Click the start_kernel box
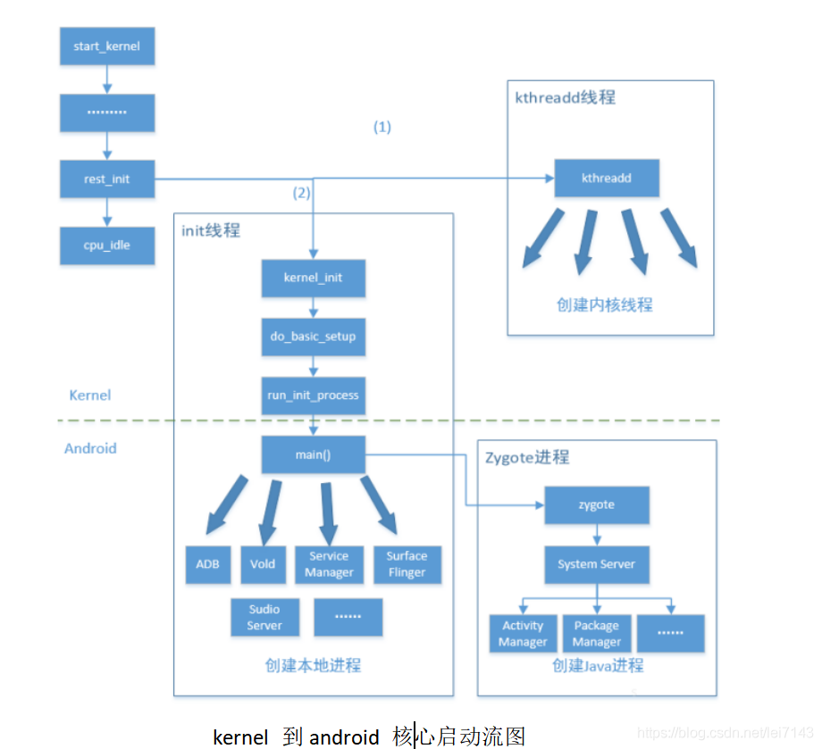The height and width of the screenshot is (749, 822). [x=107, y=46]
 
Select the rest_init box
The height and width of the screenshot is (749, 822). [x=107, y=179]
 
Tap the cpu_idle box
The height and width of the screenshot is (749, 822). [x=107, y=245]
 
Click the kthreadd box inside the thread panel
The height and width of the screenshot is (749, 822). [x=607, y=178]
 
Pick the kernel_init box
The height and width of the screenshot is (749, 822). [x=313, y=278]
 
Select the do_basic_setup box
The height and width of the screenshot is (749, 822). [x=313, y=337]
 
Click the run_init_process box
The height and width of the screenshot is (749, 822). [x=313, y=395]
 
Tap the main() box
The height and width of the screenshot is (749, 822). [x=313, y=454]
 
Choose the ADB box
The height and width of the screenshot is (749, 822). [x=207, y=564]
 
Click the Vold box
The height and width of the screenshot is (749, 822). [x=263, y=564]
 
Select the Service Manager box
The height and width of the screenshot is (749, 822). [x=329, y=564]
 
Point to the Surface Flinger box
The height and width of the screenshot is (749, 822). [x=407, y=564]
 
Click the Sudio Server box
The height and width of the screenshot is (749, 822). [x=264, y=617]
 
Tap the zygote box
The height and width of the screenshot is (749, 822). [x=596, y=504]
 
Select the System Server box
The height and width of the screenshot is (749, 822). [x=596, y=564]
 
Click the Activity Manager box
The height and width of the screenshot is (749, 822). [x=523, y=633]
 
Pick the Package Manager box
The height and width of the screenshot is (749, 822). [x=596, y=633]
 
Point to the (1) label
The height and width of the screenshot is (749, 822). [x=382, y=127]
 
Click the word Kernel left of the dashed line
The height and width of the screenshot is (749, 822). [x=90, y=395]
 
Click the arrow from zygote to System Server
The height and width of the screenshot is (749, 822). [x=596, y=535]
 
